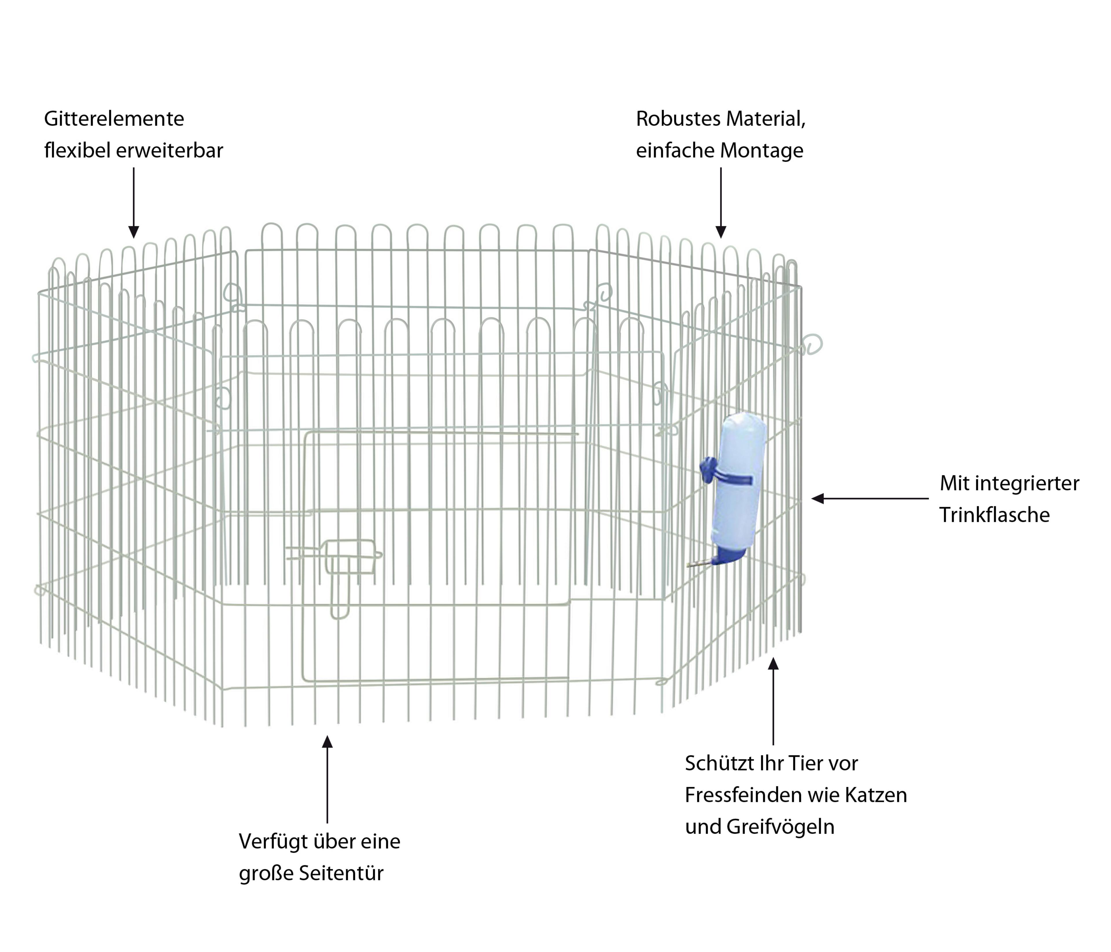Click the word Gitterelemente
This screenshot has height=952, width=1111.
tap(114, 119)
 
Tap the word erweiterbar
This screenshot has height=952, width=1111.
tap(170, 151)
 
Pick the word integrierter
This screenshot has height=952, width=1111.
tap(1027, 483)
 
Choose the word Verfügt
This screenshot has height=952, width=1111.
tap(273, 841)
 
